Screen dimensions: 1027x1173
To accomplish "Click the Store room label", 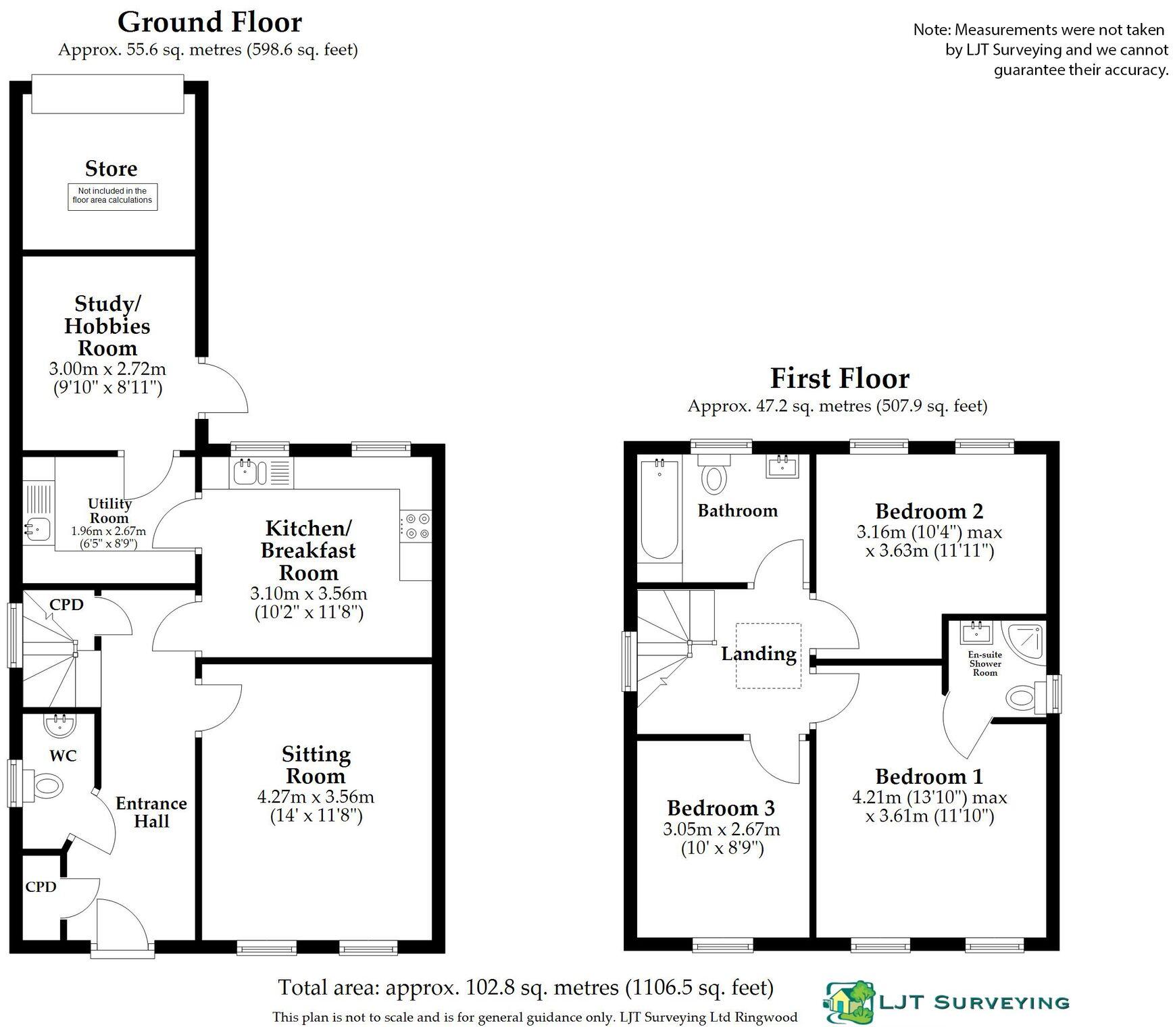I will click(111, 168).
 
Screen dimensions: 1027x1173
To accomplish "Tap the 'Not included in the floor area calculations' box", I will click(112, 196).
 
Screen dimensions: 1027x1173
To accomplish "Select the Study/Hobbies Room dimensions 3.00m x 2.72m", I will click(107, 369).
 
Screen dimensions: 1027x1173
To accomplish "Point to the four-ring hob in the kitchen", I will click(416, 526).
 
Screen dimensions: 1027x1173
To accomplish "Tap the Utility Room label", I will click(109, 511).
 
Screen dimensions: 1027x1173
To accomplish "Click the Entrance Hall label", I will click(151, 812).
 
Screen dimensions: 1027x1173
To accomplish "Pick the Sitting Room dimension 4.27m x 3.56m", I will click(316, 797).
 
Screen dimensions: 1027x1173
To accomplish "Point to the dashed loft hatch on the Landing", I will click(768, 655).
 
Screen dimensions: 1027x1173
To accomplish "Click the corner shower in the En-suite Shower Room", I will click(1027, 640).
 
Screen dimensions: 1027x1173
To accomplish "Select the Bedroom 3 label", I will click(721, 808).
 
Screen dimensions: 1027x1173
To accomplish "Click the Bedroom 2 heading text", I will click(929, 511).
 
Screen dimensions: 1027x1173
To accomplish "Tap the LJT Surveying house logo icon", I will click(849, 1002).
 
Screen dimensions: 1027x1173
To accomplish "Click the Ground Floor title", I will click(209, 22).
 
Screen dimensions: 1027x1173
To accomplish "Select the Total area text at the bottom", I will click(526, 988).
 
